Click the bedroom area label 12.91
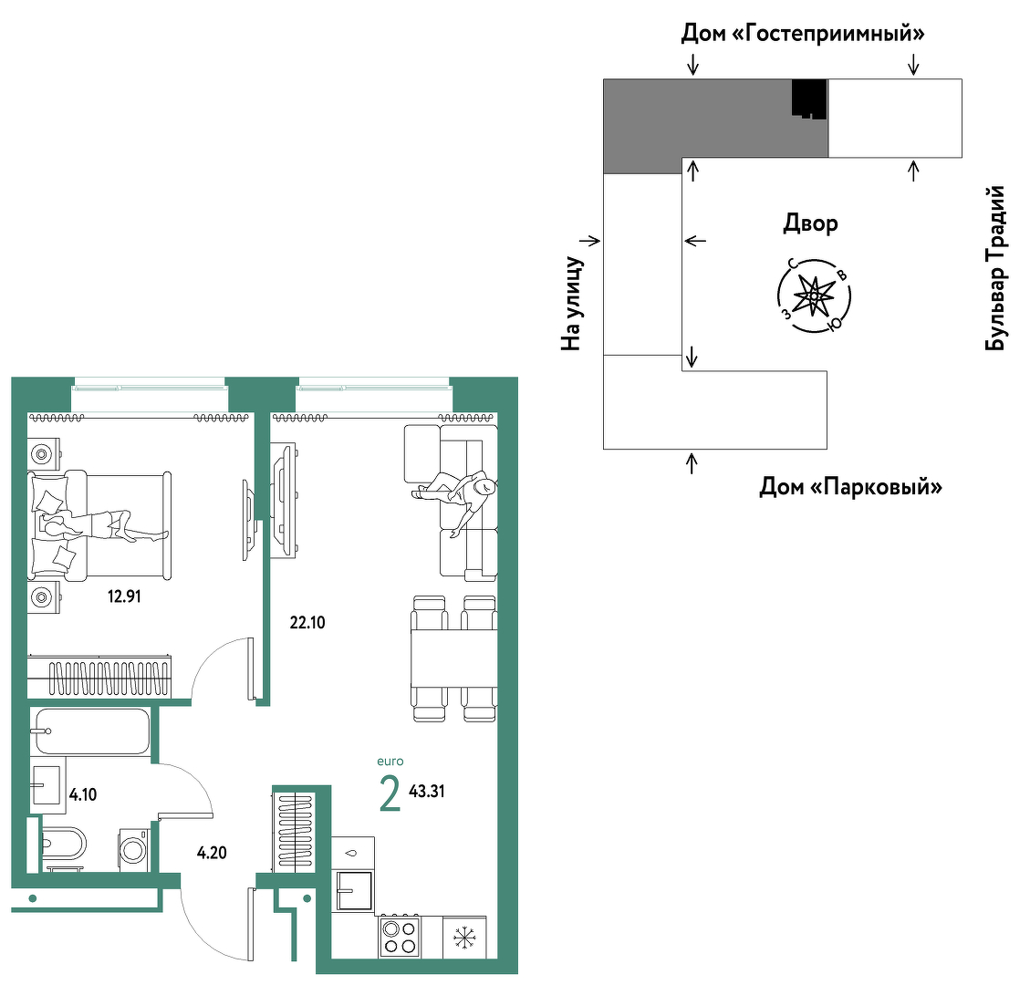pos(124,596)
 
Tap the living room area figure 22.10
pos(307,623)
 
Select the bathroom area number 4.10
pos(83,795)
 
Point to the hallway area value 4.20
pos(212,853)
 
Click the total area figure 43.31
pos(426,792)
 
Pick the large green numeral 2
pos(390,793)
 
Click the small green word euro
pos(390,762)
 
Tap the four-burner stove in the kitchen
pos(400,937)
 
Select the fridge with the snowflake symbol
pos(464,937)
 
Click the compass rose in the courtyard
pos(814,296)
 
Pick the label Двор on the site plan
pos(810,224)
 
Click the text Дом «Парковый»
pos(850,487)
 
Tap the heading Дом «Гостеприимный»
pos(803,32)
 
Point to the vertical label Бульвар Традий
pos(995,268)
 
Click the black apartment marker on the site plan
pos(808,98)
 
